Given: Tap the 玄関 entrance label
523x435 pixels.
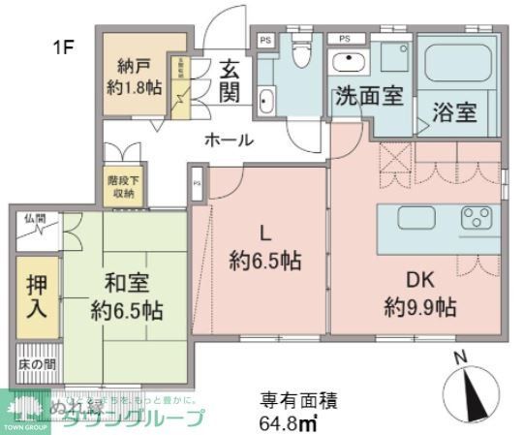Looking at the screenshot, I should coord(229,80).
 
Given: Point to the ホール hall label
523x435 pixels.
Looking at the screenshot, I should coord(229,140).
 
